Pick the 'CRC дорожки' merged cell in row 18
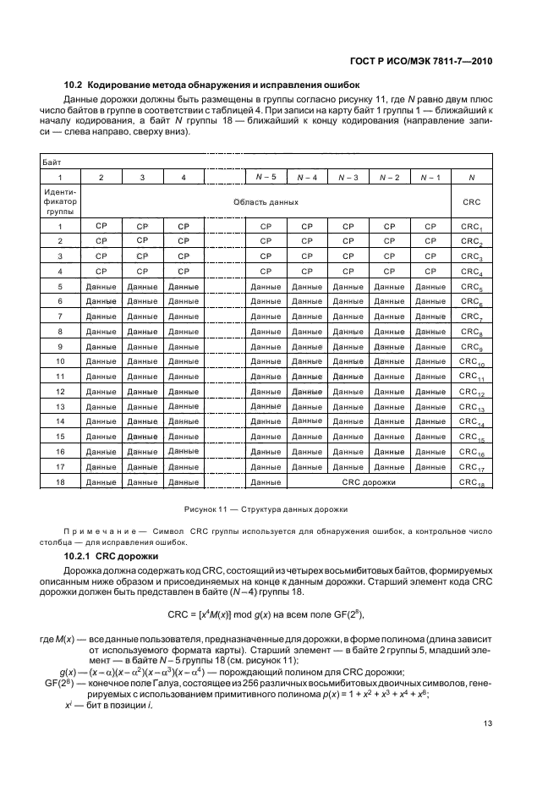pyautogui.click(x=368, y=481)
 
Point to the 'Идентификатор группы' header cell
pyautogui.click(x=60, y=203)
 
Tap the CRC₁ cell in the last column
pyautogui.click(x=470, y=227)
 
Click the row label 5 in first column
pyautogui.click(x=60, y=287)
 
